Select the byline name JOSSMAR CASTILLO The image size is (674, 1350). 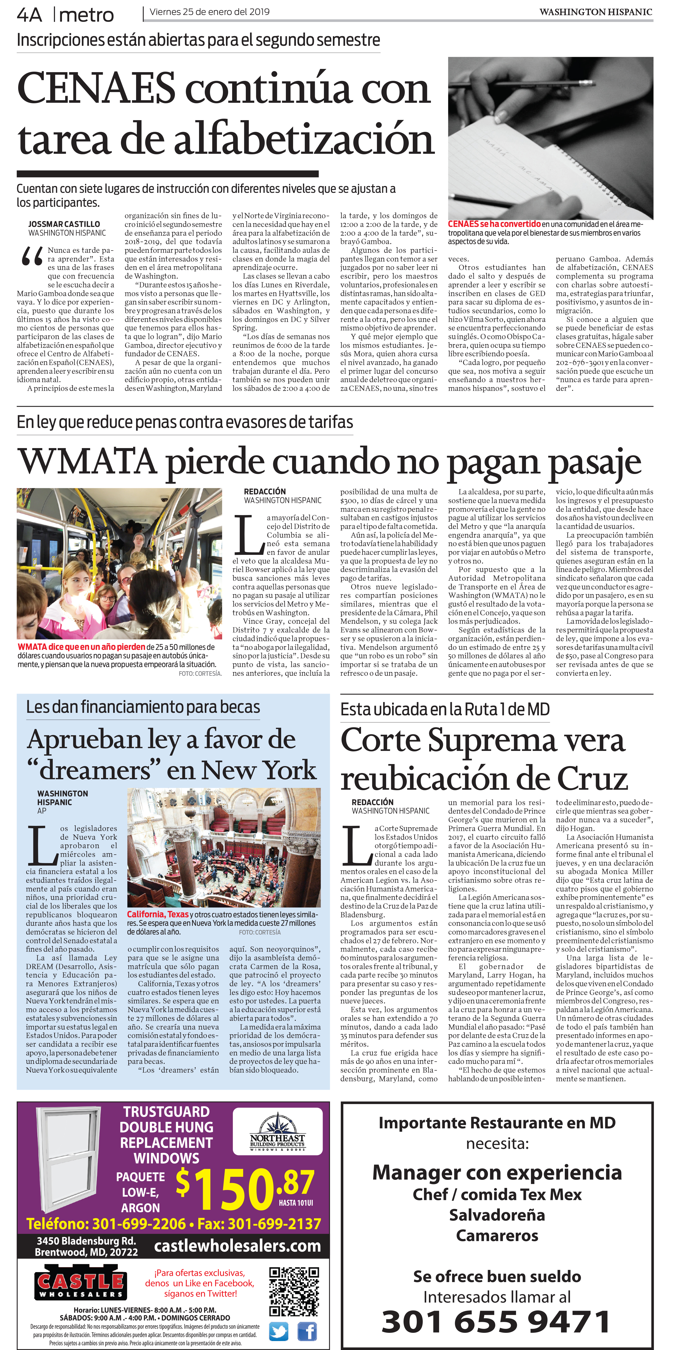pyautogui.click(x=64, y=224)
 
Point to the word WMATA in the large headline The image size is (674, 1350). pyautogui.click(x=87, y=462)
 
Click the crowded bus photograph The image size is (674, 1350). pyautogui.click(x=119, y=564)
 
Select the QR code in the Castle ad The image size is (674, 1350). pyautogui.click(x=294, y=1291)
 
